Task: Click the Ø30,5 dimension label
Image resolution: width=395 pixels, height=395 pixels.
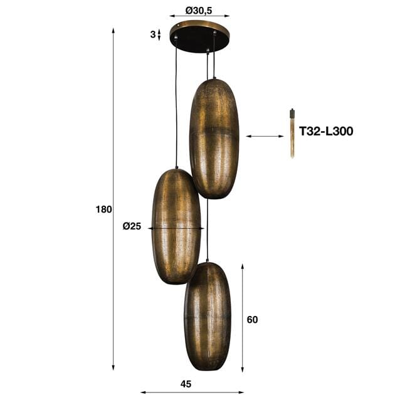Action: (199, 10)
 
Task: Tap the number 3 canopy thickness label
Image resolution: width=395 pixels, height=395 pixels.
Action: (152, 34)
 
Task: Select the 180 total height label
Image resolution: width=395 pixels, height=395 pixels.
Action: (104, 209)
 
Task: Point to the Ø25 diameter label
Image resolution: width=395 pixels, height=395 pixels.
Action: (132, 227)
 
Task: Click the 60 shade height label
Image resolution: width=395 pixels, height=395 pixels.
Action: (252, 320)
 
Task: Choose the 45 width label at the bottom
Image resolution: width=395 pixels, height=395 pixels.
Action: (186, 384)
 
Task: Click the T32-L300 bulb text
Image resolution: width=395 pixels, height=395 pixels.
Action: (326, 132)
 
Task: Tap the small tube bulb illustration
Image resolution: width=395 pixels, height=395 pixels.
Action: (292, 134)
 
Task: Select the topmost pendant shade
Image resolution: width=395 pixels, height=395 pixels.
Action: (214, 138)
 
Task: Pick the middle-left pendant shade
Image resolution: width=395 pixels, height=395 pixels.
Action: (176, 226)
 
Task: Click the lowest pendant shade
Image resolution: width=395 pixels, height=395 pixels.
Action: (207, 316)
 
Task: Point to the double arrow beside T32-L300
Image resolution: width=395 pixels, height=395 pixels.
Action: (265, 136)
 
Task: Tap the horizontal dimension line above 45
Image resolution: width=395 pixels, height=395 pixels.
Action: (191, 392)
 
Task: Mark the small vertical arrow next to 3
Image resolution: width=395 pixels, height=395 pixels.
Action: (159, 34)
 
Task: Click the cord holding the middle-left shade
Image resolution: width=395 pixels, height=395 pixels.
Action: (176, 107)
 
